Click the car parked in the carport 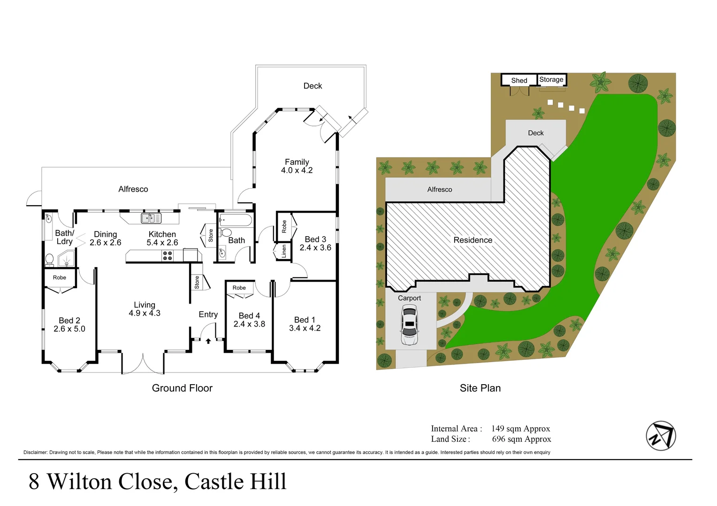pyautogui.click(x=409, y=325)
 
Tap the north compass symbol pyautogui.click(x=661, y=436)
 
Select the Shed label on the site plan pyautogui.click(x=519, y=81)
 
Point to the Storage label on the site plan pyautogui.click(x=551, y=80)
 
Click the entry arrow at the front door pyautogui.click(x=208, y=341)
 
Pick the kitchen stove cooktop pyautogui.click(x=168, y=255)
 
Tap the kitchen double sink pyautogui.click(x=151, y=218)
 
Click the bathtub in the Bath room pyautogui.click(x=236, y=220)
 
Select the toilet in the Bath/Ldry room pyautogui.click(x=49, y=259)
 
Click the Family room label pyautogui.click(x=297, y=162)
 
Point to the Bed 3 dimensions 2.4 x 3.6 pyautogui.click(x=315, y=248)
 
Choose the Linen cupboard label pyautogui.click(x=284, y=252)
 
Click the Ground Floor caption pyautogui.click(x=182, y=388)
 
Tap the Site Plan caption pyautogui.click(x=480, y=388)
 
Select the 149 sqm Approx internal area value pyautogui.click(x=520, y=429)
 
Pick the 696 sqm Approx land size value pyautogui.click(x=521, y=439)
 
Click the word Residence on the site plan pyautogui.click(x=473, y=240)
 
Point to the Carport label pyautogui.click(x=409, y=298)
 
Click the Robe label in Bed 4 pyautogui.click(x=239, y=288)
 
